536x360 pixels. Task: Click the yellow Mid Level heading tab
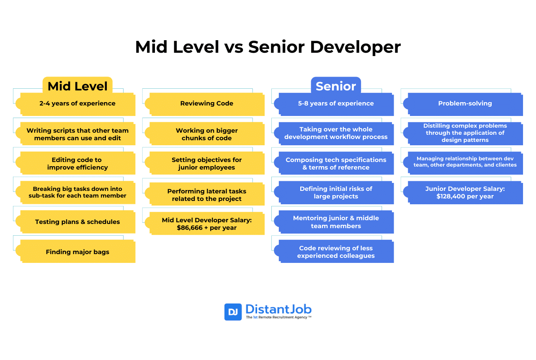coord(77,86)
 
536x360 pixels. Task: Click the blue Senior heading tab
coord(336,86)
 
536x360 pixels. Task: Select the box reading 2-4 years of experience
coord(77,103)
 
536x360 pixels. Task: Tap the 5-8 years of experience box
coord(336,103)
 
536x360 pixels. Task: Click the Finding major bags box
coord(77,252)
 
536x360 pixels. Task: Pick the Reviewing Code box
coord(207,103)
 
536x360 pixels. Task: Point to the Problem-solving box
coord(465,103)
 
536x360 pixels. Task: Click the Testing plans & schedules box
coord(77,222)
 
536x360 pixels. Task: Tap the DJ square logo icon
coord(233,312)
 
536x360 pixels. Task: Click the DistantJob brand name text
coord(278,309)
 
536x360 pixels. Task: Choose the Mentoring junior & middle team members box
coord(336,222)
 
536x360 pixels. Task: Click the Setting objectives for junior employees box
coord(207,163)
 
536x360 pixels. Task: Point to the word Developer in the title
coord(355,47)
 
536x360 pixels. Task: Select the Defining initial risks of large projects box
coord(336,193)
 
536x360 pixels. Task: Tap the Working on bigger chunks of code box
coord(207,134)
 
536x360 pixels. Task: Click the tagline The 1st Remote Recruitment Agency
coord(278,318)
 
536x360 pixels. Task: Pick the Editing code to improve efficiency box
coord(77,163)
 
